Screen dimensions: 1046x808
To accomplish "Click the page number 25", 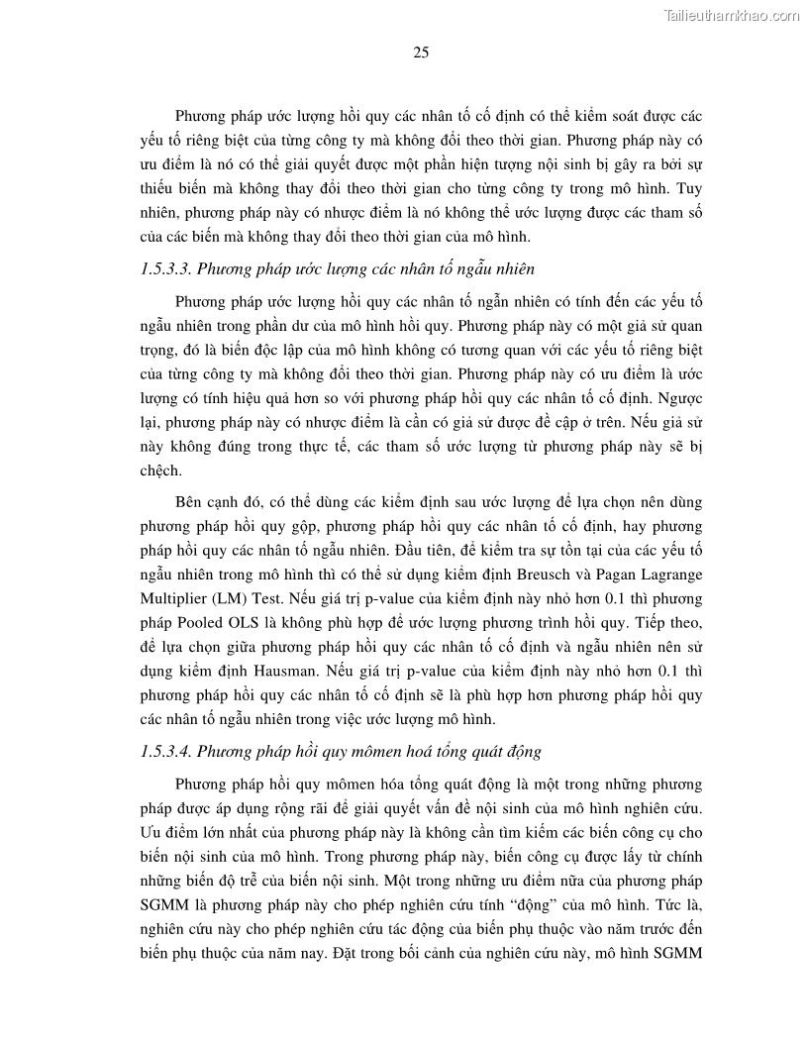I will [420, 53].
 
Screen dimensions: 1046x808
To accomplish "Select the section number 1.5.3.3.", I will [169, 268].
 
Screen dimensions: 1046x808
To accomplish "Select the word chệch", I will [161, 471].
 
